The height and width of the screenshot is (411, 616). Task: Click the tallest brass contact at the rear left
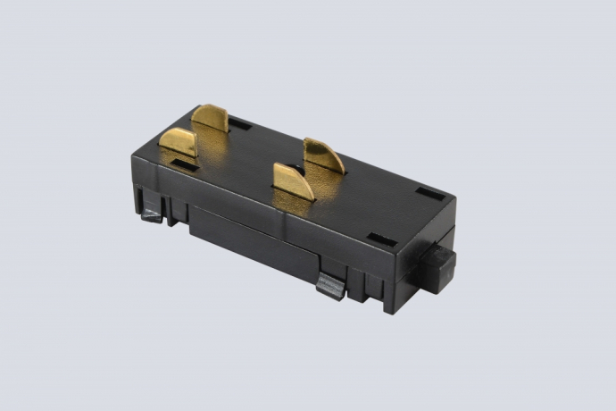[212, 120]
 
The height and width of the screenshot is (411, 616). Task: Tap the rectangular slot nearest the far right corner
[429, 193]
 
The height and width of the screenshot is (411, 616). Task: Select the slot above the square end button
[382, 239]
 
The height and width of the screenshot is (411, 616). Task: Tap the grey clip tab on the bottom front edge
[329, 286]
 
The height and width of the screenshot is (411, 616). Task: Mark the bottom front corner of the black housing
[391, 308]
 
